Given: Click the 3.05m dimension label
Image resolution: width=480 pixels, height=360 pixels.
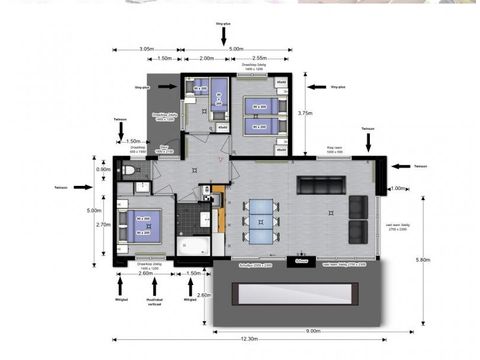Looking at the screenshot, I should pos(146,48).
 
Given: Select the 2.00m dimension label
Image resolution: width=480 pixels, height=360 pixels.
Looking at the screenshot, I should pos(207,59).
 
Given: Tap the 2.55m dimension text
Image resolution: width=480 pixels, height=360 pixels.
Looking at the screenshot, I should pos(258,59).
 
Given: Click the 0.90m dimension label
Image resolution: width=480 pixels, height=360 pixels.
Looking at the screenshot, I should pos(104,169).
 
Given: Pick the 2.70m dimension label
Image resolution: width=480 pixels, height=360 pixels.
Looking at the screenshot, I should pos(104,225).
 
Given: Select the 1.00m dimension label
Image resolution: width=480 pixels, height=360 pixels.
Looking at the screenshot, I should pos(398,188).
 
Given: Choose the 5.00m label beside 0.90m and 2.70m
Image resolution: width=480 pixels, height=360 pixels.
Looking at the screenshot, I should pos(92,211).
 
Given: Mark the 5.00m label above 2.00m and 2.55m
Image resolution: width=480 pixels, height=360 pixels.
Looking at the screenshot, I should pos(236,48).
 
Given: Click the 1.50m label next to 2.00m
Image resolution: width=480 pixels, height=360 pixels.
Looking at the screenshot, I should pos(165,59).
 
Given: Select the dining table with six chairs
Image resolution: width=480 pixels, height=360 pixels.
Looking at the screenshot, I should pos(261,221).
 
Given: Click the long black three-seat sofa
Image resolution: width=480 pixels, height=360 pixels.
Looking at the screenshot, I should pos(322,184).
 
